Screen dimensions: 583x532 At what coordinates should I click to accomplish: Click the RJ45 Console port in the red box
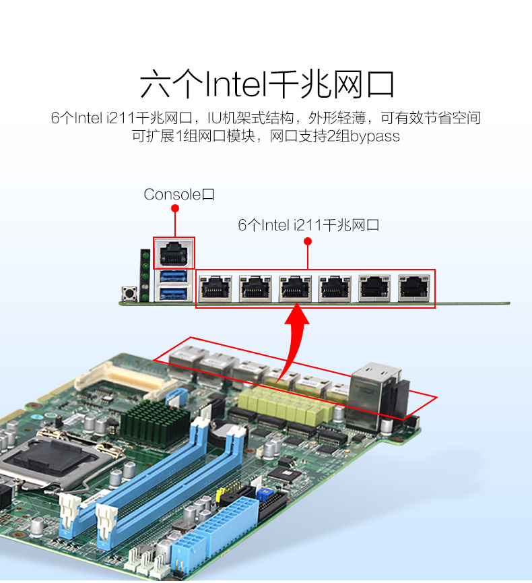[174, 253]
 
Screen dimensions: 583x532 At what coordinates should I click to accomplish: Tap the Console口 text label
[179, 195]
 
